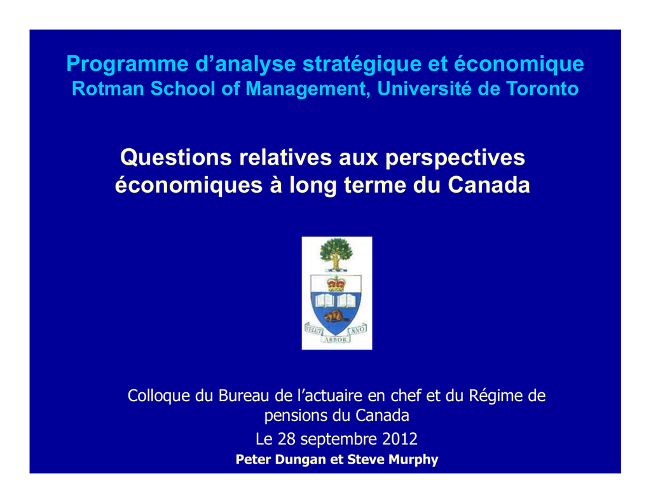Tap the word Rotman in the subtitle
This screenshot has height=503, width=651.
click(108, 88)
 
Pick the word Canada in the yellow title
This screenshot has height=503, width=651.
click(489, 185)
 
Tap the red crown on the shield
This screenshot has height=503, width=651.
click(336, 284)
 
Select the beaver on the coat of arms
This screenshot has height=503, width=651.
click(336, 317)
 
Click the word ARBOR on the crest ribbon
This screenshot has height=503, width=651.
click(336, 340)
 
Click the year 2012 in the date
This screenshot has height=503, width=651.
click(400, 439)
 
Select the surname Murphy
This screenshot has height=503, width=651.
click(416, 459)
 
